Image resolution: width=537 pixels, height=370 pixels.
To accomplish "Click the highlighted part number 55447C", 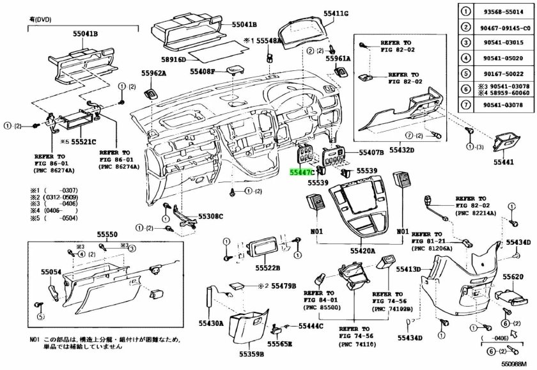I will (x=301, y=172).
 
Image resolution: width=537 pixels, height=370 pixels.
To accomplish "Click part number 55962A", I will (x=153, y=73).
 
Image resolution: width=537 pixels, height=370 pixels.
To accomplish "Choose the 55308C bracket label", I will (x=210, y=217).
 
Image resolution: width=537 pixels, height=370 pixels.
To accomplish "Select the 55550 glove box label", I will (x=107, y=235).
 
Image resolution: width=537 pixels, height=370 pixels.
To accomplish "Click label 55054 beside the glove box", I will (x=51, y=272).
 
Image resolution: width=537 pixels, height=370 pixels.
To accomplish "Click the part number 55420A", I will (x=362, y=251).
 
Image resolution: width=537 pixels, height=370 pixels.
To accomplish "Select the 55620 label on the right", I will (x=513, y=277).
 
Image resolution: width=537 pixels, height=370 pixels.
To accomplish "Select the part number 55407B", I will (x=371, y=153).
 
